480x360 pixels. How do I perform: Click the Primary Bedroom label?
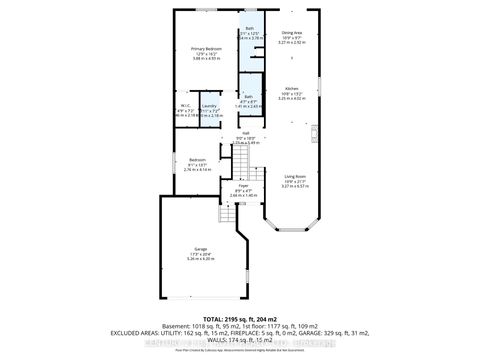[205, 48]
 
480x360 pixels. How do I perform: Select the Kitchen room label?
[291, 87]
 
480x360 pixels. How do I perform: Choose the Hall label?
[245, 132]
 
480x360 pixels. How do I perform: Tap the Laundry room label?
[209, 105]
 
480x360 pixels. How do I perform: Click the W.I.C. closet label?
[186, 105]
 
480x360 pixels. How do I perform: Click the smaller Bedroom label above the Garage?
[198, 159]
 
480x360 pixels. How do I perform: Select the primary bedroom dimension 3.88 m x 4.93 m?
[205, 59]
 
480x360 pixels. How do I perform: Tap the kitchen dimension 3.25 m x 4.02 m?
[291, 98]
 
